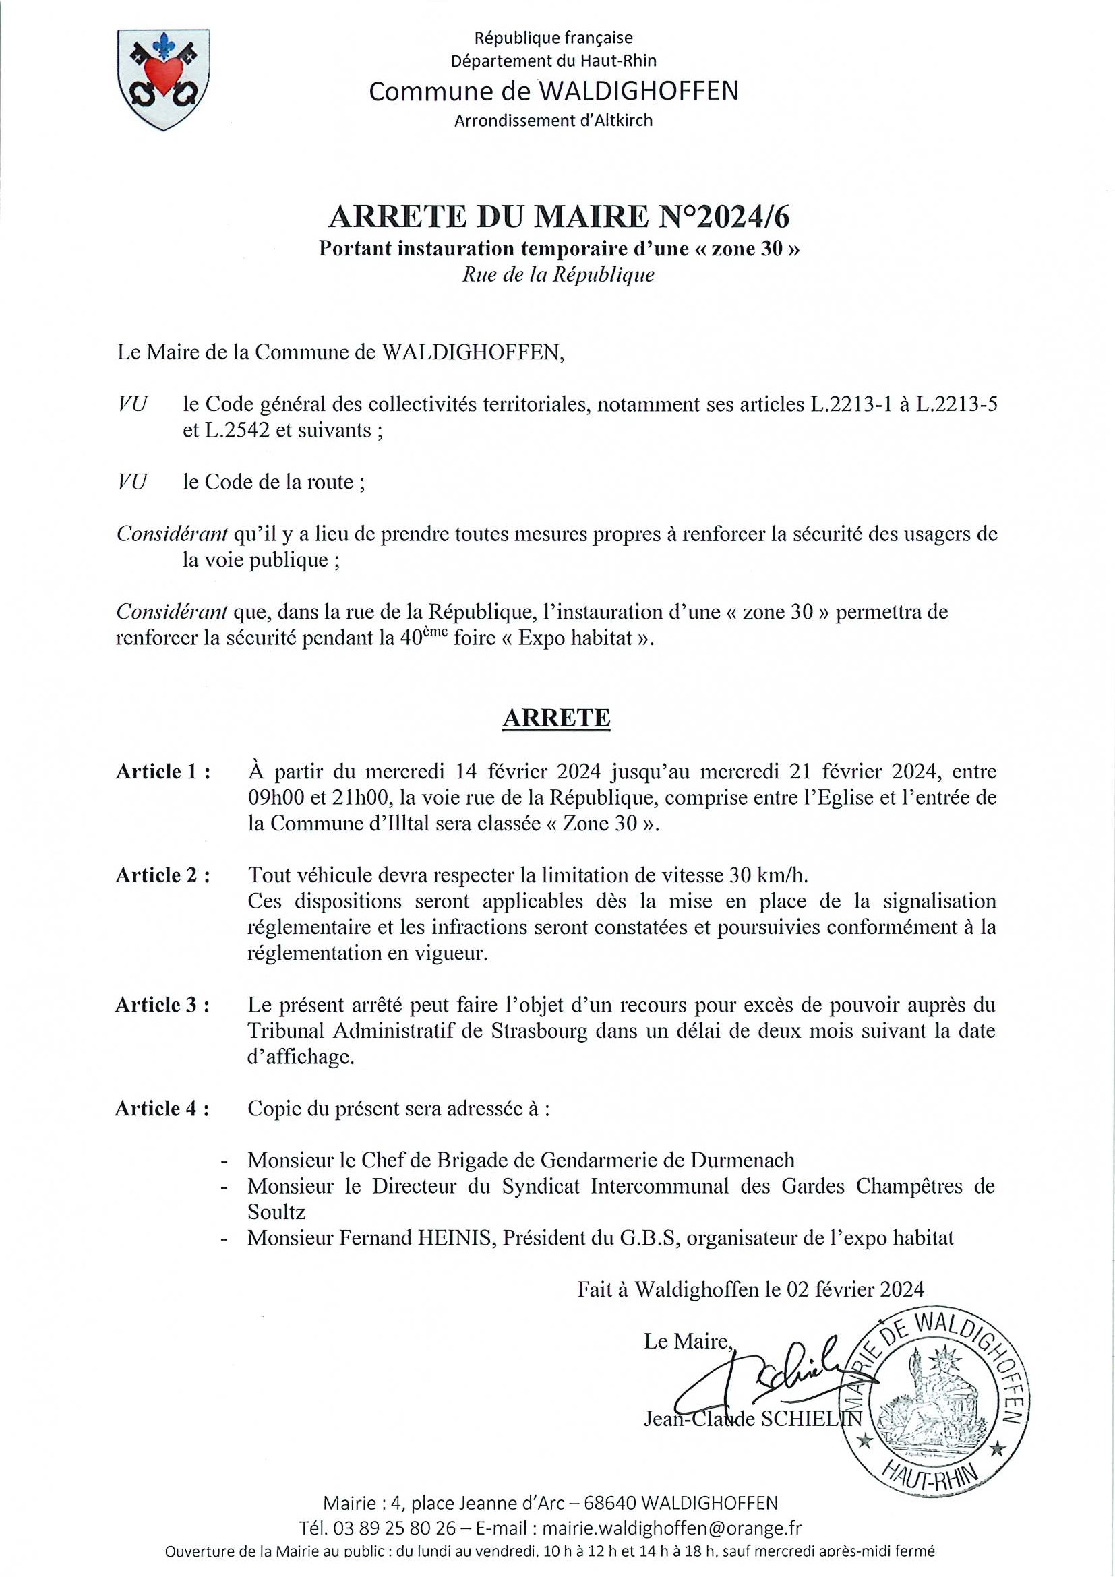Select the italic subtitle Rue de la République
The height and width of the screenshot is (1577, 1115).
pos(558,276)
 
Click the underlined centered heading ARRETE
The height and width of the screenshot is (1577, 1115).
pos(556,718)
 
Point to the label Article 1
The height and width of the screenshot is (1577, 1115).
pos(163,772)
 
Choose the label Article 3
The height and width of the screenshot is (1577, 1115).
pos(163,1006)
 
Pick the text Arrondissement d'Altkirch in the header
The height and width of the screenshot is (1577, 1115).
pos(553,121)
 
